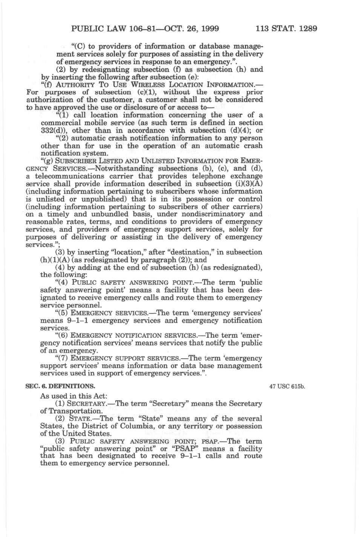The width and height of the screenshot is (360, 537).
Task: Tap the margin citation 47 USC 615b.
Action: (x=287, y=387)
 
